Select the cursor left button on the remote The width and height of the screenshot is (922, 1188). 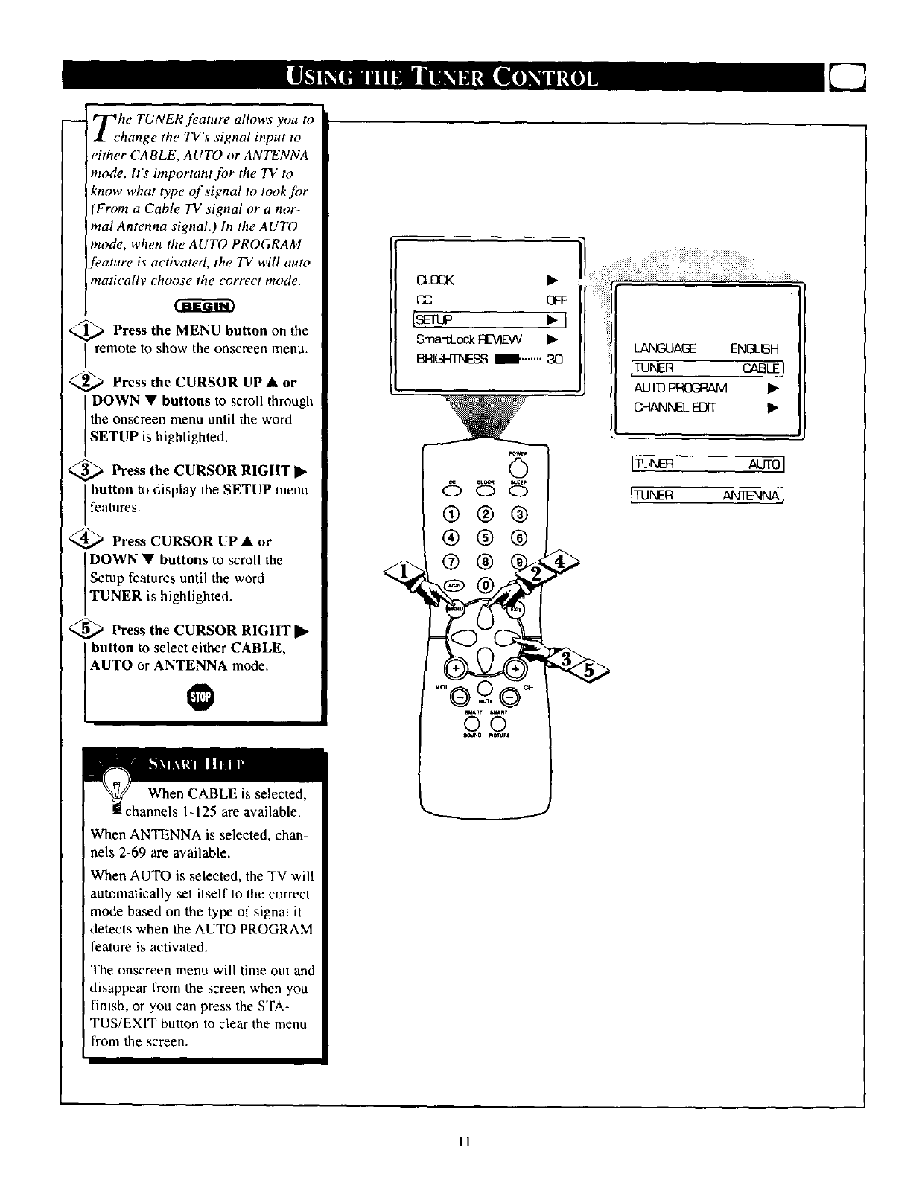pos(465,638)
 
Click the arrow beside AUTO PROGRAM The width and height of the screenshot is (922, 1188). pos(772,388)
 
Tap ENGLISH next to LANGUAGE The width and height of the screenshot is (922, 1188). pos(754,348)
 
